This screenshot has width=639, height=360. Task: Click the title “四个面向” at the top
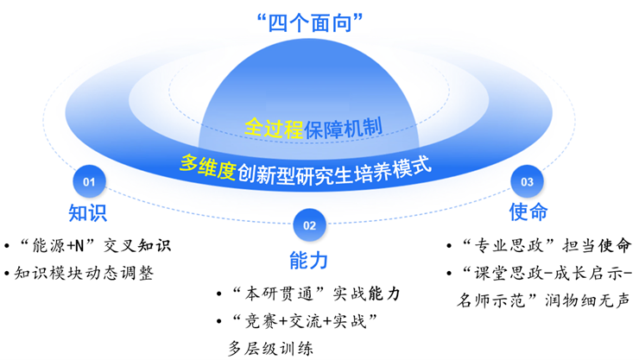click(x=319, y=22)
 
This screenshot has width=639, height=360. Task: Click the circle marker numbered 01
click(x=88, y=181)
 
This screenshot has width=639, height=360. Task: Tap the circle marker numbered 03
click(x=527, y=181)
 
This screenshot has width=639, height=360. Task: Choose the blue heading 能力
click(x=309, y=259)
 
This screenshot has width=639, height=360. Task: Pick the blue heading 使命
click(x=528, y=212)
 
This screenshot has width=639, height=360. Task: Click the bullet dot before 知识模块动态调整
click(x=7, y=275)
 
